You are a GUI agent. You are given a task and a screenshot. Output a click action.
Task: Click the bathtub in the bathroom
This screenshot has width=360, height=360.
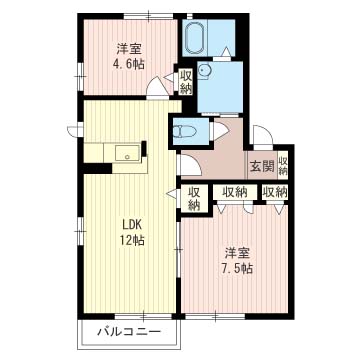tap(195, 37)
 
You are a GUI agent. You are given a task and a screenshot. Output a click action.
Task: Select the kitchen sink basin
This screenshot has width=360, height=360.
tap(127, 153)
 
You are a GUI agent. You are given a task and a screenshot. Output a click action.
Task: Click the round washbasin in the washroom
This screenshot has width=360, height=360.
tap(203, 71)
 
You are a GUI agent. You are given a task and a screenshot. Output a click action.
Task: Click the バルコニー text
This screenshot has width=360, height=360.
tap(129, 332)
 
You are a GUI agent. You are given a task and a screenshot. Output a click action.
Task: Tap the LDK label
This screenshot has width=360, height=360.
tap(132, 225)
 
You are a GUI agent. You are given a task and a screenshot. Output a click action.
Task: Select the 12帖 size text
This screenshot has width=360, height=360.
tap(133, 240)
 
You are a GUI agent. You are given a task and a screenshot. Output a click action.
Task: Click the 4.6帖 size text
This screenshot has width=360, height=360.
tap(128, 63)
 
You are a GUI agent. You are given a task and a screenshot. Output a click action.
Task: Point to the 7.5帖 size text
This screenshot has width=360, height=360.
tap(236, 268)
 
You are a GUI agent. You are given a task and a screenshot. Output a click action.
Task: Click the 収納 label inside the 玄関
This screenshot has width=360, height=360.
tap(283, 166)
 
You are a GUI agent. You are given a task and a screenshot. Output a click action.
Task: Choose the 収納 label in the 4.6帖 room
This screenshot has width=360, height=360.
tap(185, 82)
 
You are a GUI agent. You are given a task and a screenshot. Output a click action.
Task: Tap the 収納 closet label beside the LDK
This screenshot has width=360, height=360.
tap(194, 199)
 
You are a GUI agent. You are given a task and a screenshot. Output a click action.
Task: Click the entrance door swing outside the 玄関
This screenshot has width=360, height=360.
tap(263, 136)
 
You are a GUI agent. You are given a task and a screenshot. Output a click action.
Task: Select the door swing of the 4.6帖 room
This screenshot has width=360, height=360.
tap(158, 88)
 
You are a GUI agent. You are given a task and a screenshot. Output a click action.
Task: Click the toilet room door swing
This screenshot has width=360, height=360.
tap(220, 130)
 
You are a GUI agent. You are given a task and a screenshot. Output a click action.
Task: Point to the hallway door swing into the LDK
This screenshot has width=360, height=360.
tap(190, 165)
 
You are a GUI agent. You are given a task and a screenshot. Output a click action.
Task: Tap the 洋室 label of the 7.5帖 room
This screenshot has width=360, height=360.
tap(237, 253)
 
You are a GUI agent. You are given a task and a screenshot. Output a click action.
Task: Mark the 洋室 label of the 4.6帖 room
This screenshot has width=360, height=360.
tap(129, 49)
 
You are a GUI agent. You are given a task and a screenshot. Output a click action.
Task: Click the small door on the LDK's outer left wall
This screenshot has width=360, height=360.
tap(75, 130)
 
